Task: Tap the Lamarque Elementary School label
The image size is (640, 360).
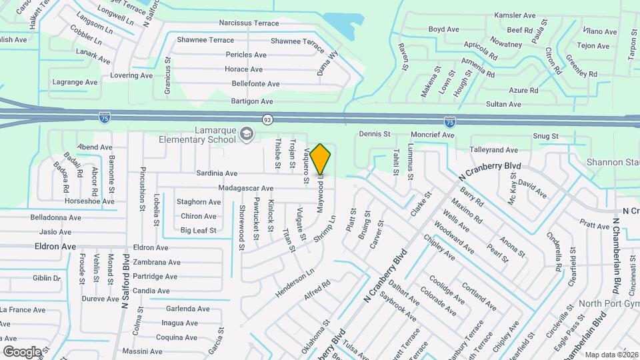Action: click(197, 135)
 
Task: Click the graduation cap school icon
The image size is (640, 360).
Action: click(247, 135)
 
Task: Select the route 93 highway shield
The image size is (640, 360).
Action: click(267, 119)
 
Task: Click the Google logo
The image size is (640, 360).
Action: click(21, 351)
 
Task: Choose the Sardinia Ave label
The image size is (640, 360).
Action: click(217, 173)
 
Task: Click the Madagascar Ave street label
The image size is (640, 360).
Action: click(245, 189)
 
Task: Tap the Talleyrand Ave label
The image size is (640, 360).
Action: click(493, 151)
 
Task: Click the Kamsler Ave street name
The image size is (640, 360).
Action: click(515, 15)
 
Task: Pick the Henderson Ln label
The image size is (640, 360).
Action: click(294, 283)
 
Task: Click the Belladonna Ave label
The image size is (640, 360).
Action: click(55, 217)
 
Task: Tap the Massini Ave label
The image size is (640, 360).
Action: click(142, 351)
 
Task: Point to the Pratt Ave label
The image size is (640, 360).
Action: click(595, 225)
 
